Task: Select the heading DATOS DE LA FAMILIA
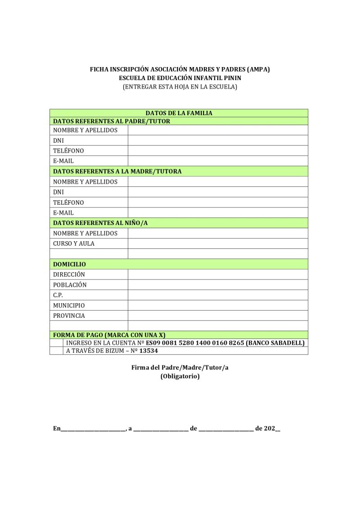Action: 179,113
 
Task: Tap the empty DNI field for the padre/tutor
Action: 218,140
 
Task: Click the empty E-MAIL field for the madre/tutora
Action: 218,212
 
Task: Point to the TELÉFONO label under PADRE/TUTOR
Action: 68,151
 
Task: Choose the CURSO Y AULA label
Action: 74,243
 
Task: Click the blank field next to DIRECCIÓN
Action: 218,274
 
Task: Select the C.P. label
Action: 58,295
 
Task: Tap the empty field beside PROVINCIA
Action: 218,315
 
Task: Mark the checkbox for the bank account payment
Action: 56,343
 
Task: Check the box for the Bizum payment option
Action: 56,351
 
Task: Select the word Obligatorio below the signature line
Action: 180,376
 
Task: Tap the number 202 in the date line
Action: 269,428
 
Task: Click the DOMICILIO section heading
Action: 69,264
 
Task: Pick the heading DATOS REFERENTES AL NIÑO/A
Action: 100,223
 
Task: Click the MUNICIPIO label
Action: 69,306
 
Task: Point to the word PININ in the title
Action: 232,78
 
